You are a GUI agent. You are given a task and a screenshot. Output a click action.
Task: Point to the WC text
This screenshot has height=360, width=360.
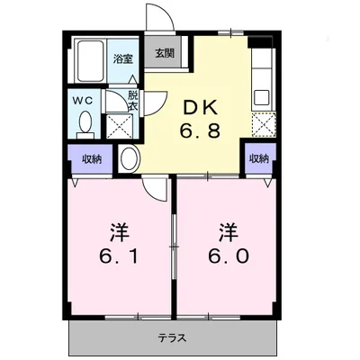(x=82, y=100)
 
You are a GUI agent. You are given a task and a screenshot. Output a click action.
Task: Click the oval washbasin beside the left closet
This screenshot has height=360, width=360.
(x=129, y=158)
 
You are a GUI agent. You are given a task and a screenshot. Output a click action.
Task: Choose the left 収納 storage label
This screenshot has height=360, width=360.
(x=93, y=158)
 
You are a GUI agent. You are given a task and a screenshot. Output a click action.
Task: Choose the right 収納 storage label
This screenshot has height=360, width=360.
(x=259, y=158)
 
